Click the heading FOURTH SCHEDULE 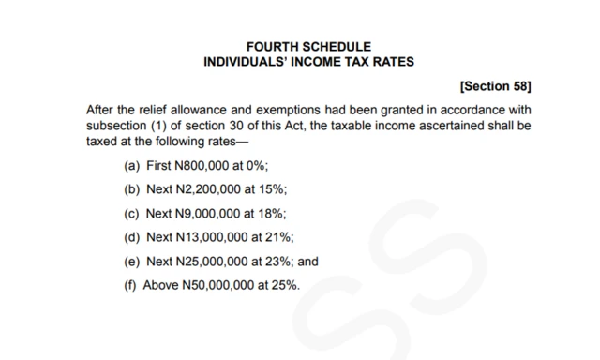(x=308, y=47)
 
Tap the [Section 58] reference (x=496, y=87)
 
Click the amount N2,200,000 (x=208, y=189)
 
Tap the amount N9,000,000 (x=208, y=214)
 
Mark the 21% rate (x=281, y=238)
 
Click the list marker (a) (x=132, y=165)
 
